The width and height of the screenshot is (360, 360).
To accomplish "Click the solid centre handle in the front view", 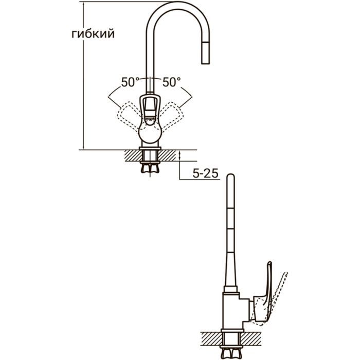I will pos(151,108).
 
